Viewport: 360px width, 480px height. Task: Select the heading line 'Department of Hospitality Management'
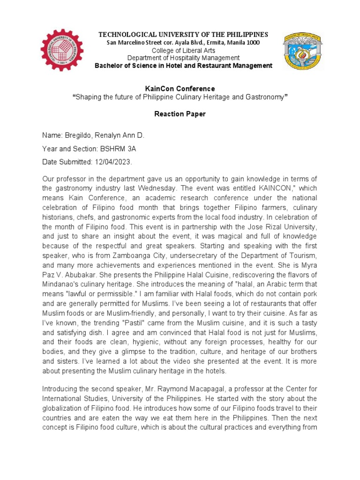[183, 58]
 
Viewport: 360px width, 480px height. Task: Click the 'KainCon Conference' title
[180, 89]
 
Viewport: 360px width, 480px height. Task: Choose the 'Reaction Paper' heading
[180, 114]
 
